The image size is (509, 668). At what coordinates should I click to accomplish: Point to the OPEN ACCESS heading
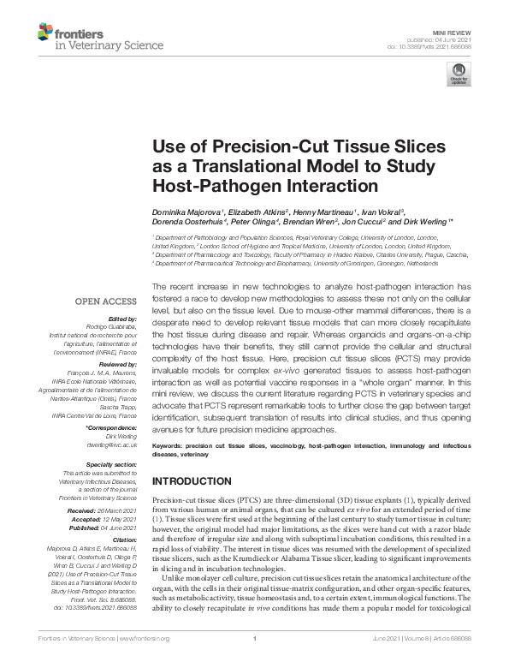(106, 301)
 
